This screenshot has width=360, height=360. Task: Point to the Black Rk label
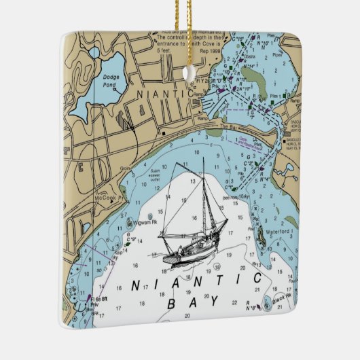283,297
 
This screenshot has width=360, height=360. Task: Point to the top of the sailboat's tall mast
203,160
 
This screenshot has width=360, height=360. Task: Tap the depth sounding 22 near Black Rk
234,302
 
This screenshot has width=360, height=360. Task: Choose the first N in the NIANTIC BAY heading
134,285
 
